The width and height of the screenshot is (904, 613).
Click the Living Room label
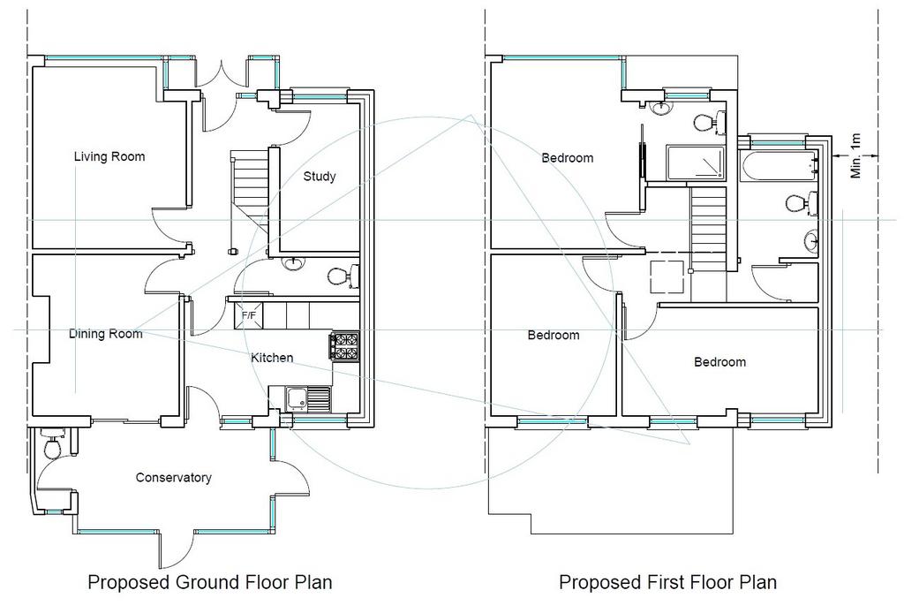pos(109,156)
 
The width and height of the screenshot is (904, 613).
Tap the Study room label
pos(320,177)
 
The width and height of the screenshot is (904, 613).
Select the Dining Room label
pos(106,333)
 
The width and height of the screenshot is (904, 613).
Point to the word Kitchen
pos(272,358)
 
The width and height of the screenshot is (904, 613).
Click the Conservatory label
pos(174,478)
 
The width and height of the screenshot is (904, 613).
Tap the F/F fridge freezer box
pos(248,315)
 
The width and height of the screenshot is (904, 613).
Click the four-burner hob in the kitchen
pos(345,346)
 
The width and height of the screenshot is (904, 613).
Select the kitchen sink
pos(308,399)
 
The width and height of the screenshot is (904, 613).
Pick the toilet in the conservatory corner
pos(53,444)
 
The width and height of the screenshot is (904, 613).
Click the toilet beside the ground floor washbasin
pos(343,276)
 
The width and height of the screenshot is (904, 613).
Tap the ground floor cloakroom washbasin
pos(293,264)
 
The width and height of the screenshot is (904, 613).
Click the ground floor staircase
pos(250,190)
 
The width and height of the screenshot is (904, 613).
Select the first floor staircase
pos(708,225)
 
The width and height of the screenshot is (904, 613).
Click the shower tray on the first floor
pos(696,163)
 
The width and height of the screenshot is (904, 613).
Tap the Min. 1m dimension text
pos(855,155)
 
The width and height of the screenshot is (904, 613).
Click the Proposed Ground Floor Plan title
pos(210,582)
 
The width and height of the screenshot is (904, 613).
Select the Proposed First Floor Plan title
pos(667,582)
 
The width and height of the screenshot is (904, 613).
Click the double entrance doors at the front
pos(222,74)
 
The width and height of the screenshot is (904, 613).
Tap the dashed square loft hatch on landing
pos(667,276)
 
